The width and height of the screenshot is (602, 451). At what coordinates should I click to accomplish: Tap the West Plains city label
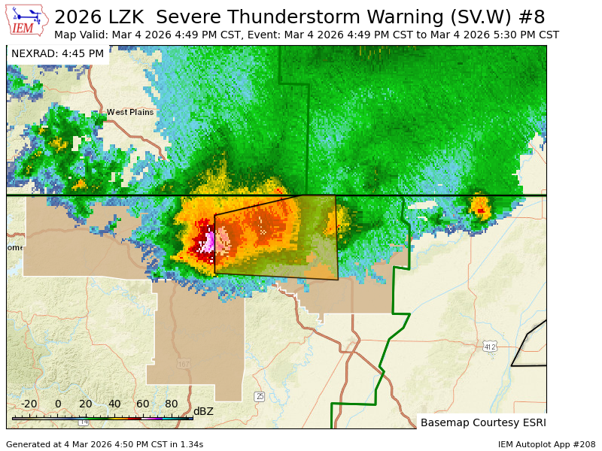click(129, 112)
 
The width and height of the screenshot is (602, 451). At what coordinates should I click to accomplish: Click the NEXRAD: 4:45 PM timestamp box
click(57, 54)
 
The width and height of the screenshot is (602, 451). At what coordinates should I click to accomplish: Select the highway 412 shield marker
click(490, 347)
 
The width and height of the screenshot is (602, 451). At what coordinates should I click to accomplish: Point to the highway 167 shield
click(184, 365)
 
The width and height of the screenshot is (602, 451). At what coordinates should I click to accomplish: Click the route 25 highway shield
click(260, 396)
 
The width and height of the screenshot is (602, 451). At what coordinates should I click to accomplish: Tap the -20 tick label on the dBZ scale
click(29, 404)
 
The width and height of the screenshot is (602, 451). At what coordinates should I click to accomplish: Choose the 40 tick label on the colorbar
click(114, 404)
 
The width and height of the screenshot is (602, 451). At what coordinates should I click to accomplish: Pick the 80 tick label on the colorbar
click(172, 404)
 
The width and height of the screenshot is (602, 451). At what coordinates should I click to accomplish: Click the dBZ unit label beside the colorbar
click(203, 411)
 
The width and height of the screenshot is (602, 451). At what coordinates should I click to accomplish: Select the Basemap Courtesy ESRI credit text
click(483, 422)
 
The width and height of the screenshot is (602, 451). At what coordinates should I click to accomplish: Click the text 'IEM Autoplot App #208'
click(546, 444)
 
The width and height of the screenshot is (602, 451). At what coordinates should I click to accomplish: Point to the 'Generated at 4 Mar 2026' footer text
click(105, 444)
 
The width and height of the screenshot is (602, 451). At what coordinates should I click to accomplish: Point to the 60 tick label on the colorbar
click(143, 404)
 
